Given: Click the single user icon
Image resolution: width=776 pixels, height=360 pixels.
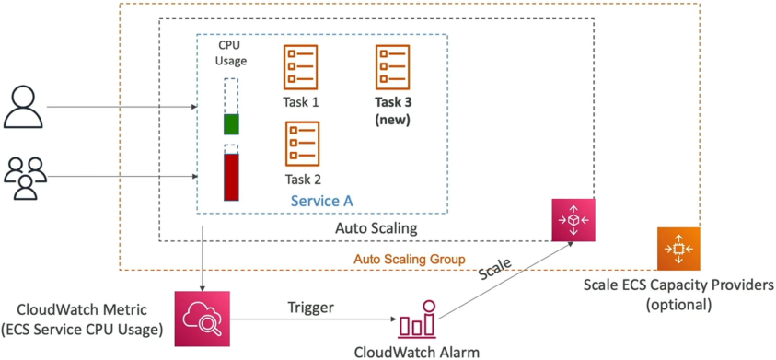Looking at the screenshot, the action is tap(23, 106).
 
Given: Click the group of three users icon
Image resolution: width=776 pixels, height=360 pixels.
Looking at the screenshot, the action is tap(26, 178).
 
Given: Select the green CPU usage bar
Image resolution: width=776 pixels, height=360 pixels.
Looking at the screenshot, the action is tap(231, 124).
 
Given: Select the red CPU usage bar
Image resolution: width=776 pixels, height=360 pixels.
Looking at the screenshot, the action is tap(231, 177).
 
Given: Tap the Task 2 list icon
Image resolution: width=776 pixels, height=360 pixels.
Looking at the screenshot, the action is tap(302, 144).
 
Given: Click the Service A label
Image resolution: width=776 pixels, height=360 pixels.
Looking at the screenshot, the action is tap(322, 201).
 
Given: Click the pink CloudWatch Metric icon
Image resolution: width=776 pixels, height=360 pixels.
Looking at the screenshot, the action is tap(203, 319).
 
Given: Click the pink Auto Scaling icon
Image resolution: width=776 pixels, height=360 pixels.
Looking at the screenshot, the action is tap(573, 219).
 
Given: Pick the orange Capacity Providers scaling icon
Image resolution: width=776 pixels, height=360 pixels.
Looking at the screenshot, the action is tap(678, 249).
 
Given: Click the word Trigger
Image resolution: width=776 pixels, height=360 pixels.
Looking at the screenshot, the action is tap(311, 308).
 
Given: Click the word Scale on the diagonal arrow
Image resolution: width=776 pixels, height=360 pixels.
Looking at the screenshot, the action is tap(494, 270).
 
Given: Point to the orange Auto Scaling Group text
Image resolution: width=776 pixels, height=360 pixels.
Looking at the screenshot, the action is tap(410, 260).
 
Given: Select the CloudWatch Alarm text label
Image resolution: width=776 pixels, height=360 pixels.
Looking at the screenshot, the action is tap(417, 352).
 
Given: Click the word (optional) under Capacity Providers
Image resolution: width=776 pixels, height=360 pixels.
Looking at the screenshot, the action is tap(678, 304).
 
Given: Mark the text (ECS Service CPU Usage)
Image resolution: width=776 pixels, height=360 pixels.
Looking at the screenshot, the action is tap(82, 329).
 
